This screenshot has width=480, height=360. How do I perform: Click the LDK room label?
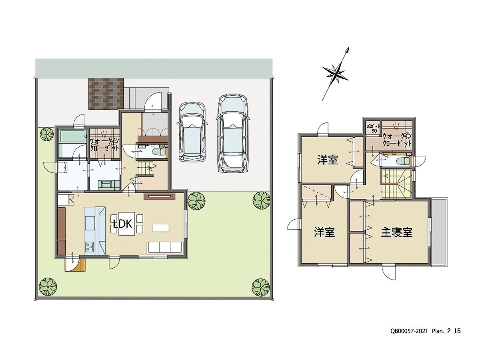pos(123,224)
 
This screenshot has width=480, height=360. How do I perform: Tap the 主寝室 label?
pos(396,232)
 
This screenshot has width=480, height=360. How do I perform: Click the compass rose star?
pos(335,74)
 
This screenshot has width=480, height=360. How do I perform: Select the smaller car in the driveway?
pos(192,132)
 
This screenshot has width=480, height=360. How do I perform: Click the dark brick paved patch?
pos(106,94)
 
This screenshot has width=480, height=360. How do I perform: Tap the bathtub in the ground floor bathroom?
pos(72,137)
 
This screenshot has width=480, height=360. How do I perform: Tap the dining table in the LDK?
pos(127,224)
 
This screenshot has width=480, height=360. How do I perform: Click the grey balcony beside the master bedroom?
pos(439,232)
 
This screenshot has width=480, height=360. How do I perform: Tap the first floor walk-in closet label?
pos(105,144)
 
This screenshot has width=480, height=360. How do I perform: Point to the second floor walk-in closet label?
pos(397,140)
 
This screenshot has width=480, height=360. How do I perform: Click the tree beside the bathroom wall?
pos(47,134)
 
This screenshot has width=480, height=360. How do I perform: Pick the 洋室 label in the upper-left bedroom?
pos(328,160)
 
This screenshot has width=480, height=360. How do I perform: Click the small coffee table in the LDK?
pos(161,228)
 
